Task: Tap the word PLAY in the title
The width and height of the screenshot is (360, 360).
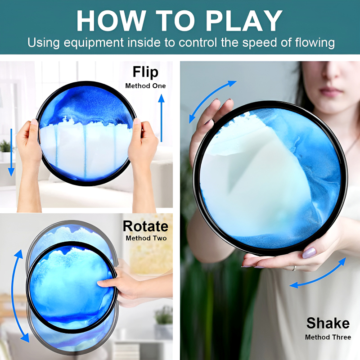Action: (244, 21)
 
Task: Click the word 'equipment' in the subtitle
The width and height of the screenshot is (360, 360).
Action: (94, 43)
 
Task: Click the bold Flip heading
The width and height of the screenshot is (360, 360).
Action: (145, 72)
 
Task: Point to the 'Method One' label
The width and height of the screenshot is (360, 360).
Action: (145, 86)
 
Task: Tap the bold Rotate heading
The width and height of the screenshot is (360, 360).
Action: (145, 226)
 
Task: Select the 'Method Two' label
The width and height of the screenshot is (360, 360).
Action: (146, 238)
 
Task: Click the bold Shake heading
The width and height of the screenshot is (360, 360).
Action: (328, 323)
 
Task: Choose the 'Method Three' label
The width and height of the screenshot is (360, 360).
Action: (328, 337)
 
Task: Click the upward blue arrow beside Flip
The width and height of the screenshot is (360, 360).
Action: (162, 118)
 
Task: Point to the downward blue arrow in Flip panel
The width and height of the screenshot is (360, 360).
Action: (11, 153)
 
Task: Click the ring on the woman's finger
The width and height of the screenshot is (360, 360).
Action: (294, 268)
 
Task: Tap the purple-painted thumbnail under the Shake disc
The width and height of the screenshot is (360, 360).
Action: (309, 253)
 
